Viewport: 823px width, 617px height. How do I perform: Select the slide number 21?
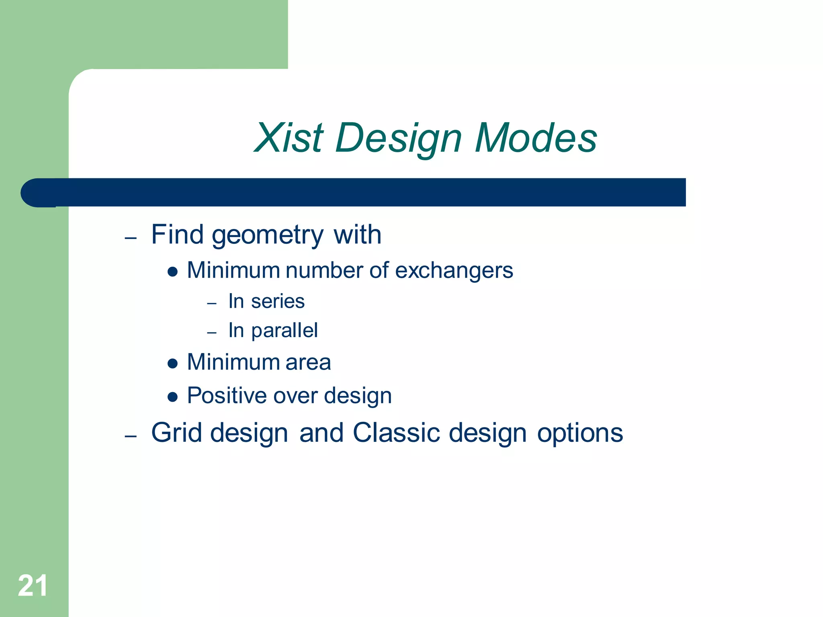(x=33, y=586)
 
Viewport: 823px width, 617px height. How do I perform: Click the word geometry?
(x=267, y=235)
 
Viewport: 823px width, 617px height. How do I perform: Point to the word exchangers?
(x=454, y=270)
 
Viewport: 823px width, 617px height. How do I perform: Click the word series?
(x=278, y=301)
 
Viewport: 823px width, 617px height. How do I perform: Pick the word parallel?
(x=285, y=331)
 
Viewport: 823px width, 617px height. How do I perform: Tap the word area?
(x=308, y=362)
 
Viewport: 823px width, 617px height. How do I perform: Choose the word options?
(x=580, y=433)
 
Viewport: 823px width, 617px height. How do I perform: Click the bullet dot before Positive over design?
(x=172, y=397)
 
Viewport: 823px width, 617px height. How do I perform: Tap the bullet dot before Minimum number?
(x=172, y=272)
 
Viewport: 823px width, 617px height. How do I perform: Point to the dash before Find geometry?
(x=131, y=238)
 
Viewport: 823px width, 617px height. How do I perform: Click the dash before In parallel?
(x=212, y=333)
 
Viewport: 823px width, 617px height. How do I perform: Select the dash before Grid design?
(x=131, y=436)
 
